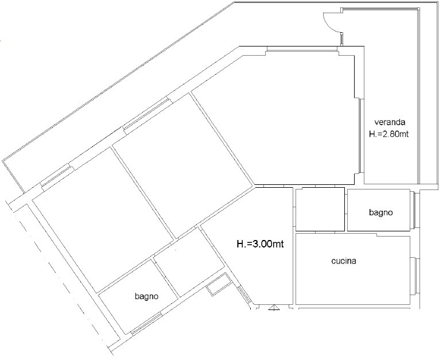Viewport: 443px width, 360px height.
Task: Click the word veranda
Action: pos(390,122)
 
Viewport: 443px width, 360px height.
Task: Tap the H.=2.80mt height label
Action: pos(388,134)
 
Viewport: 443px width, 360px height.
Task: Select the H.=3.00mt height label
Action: pos(260,243)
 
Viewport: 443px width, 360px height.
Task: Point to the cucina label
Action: pos(344,261)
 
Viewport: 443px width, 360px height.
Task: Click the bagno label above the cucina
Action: pos(381,212)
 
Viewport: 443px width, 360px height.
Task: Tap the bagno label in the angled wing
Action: pos(147,297)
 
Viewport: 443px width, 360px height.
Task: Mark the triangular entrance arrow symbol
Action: pos(274,307)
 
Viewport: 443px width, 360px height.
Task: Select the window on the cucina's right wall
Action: pos(415,276)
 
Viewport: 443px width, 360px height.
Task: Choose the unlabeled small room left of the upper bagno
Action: pos(320,209)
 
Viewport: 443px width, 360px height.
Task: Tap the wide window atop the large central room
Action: pos(302,49)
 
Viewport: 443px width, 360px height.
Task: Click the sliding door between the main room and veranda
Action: pos(362,136)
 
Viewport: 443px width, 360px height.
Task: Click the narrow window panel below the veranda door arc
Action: pos(341,39)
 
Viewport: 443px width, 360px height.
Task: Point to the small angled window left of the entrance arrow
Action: pos(243,294)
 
